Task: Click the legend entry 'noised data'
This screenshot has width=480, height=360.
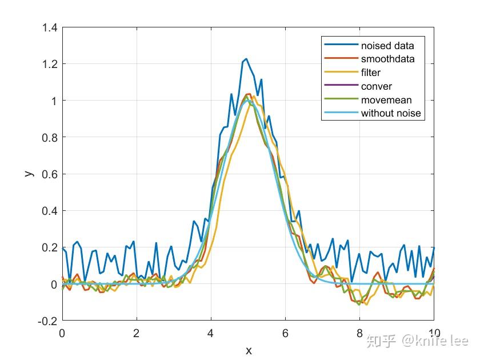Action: (387, 45)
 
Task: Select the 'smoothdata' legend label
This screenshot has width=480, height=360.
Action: (387, 59)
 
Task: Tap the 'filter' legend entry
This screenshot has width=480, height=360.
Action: (370, 73)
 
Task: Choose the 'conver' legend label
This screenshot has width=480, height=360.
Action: (376, 86)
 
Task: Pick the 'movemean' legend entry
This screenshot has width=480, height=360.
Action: (386, 100)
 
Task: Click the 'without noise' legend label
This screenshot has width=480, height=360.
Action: (390, 113)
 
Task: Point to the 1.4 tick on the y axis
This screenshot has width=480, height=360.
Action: (49, 27)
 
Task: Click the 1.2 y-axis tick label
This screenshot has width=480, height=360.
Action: (49, 64)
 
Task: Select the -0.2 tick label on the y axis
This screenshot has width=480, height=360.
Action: (48, 321)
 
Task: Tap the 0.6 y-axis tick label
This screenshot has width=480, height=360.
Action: (49, 174)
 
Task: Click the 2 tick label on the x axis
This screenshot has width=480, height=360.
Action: (137, 333)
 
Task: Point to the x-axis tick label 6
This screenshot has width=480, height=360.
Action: (285, 333)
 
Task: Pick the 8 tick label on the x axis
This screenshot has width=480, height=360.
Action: (359, 333)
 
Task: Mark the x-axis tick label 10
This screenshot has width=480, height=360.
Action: (434, 333)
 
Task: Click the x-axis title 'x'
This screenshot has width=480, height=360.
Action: (248, 350)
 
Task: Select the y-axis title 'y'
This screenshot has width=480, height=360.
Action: (29, 173)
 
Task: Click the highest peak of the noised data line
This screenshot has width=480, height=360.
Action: (246, 59)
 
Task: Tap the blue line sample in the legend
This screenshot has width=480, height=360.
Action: (341, 45)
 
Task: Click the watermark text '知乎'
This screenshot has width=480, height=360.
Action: (382, 341)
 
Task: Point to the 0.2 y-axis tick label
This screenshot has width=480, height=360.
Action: (49, 248)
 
